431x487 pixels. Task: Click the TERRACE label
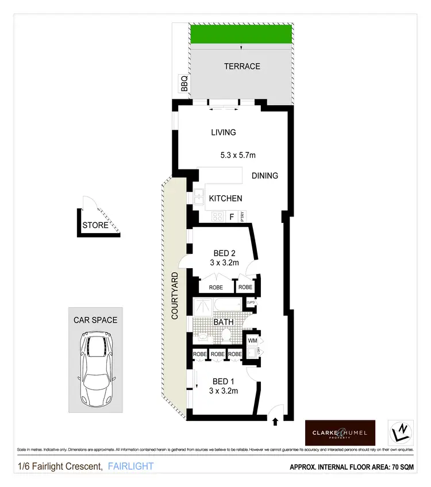[241, 66]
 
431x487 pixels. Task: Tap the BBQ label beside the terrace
[184, 86]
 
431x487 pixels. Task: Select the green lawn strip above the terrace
[241, 34]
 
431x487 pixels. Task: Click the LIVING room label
[223, 132]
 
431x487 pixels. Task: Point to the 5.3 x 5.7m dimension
[237, 155]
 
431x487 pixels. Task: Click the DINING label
[264, 176]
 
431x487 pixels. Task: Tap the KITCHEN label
[225, 199]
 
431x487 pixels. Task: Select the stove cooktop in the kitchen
[218, 217]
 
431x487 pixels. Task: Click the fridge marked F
[232, 217]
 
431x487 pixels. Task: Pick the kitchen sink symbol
[198, 198]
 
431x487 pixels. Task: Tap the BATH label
[224, 322]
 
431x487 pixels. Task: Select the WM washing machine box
[252, 341]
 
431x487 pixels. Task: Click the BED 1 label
[224, 381]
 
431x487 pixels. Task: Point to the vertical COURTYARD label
[175, 296]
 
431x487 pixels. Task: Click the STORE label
[95, 225]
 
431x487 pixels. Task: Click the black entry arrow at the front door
[275, 422]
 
